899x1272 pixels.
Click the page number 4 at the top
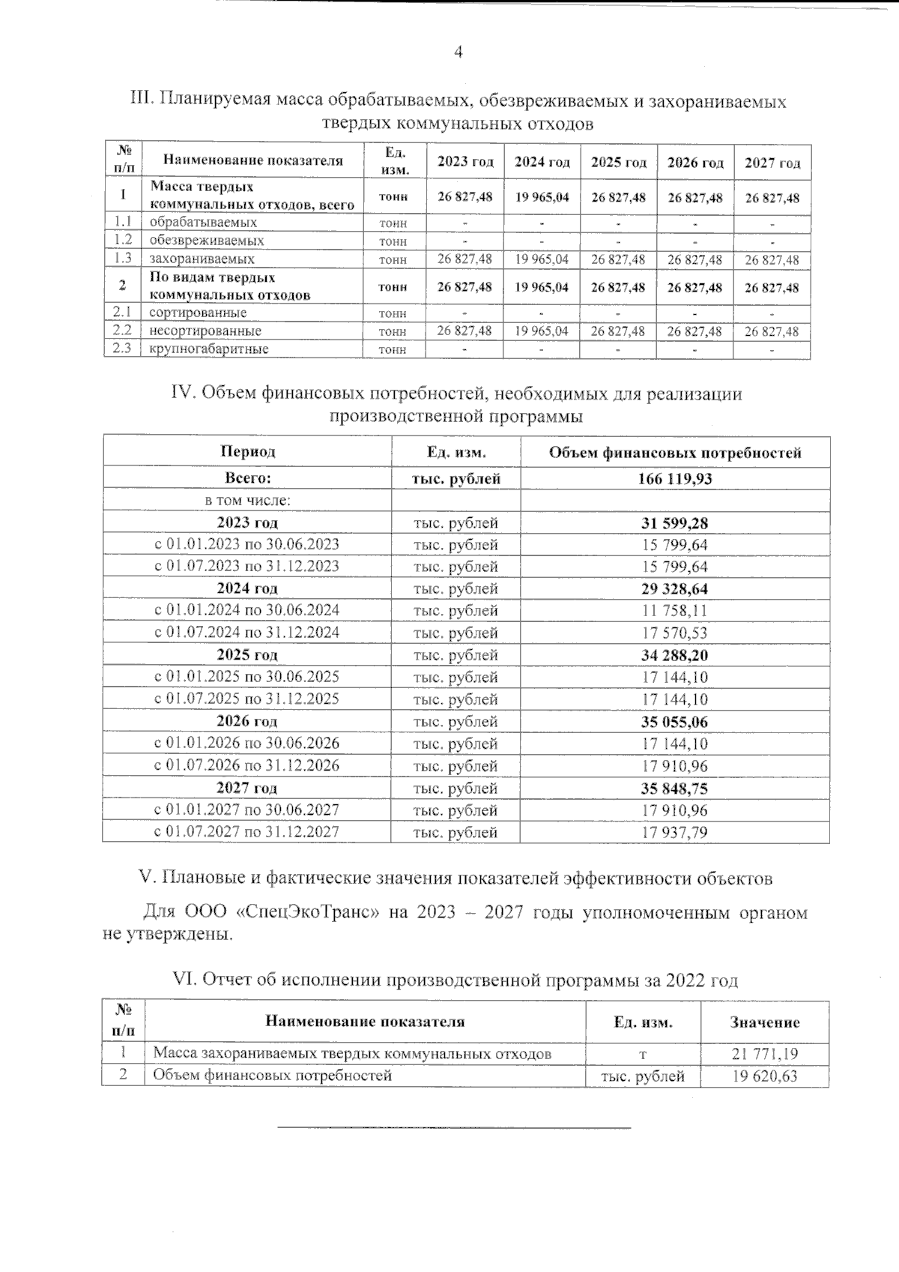tap(458, 52)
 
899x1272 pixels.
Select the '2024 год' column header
tap(542, 163)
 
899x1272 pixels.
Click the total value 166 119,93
tap(674, 479)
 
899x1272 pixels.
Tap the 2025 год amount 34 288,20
tap(674, 655)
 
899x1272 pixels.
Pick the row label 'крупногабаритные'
tap(208, 349)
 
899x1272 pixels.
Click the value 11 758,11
tap(674, 611)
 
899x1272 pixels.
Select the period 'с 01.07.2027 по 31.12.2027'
tap(246, 831)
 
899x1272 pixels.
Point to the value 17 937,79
tap(674, 832)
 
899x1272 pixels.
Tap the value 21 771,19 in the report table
tap(764, 1054)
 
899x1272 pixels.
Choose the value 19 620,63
tap(764, 1076)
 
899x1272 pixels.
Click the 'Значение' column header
tap(764, 1022)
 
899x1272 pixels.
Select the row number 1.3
tap(122, 259)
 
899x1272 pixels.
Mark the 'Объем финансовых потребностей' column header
tap(674, 453)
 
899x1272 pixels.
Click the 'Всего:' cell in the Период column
tap(246, 478)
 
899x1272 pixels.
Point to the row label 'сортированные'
tap(197, 313)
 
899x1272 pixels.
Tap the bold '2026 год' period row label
tap(246, 722)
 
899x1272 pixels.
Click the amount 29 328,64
tap(674, 588)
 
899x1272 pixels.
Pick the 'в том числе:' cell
tap(246, 500)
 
